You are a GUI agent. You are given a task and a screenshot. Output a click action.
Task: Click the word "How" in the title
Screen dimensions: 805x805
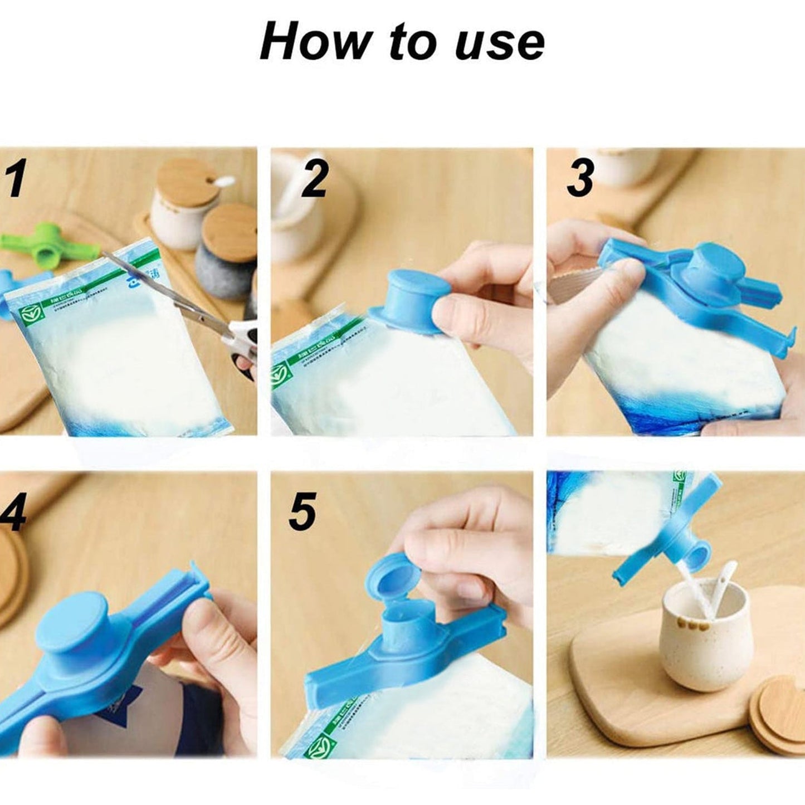coord(315,42)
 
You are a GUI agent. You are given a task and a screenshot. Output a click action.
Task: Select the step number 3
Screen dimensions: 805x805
coord(580,178)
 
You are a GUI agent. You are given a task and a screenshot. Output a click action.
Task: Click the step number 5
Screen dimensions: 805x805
coord(303,511)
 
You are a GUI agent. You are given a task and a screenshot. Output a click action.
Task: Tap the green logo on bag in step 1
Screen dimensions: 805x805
coord(28,315)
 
